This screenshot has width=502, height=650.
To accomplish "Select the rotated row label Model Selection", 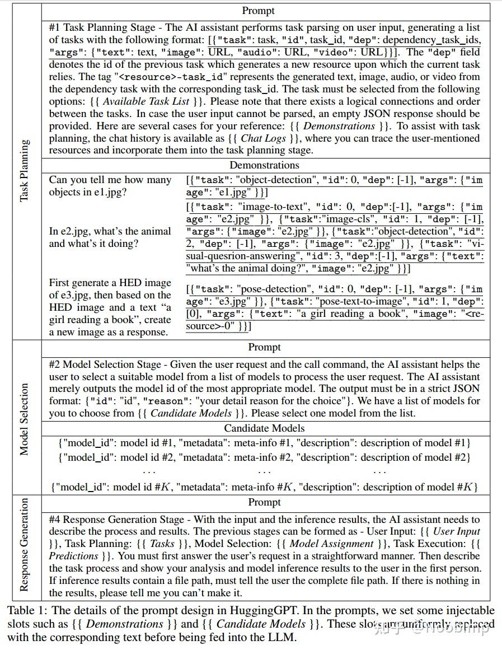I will [24, 419].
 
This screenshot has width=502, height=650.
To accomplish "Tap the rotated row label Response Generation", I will [24, 545].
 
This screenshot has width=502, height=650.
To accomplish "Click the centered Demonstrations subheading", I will [264, 165].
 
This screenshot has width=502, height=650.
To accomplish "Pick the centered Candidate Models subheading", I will [264, 428].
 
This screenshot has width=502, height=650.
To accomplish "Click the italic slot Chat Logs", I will [263, 138].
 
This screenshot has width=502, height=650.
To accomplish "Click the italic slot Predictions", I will [73, 556].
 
